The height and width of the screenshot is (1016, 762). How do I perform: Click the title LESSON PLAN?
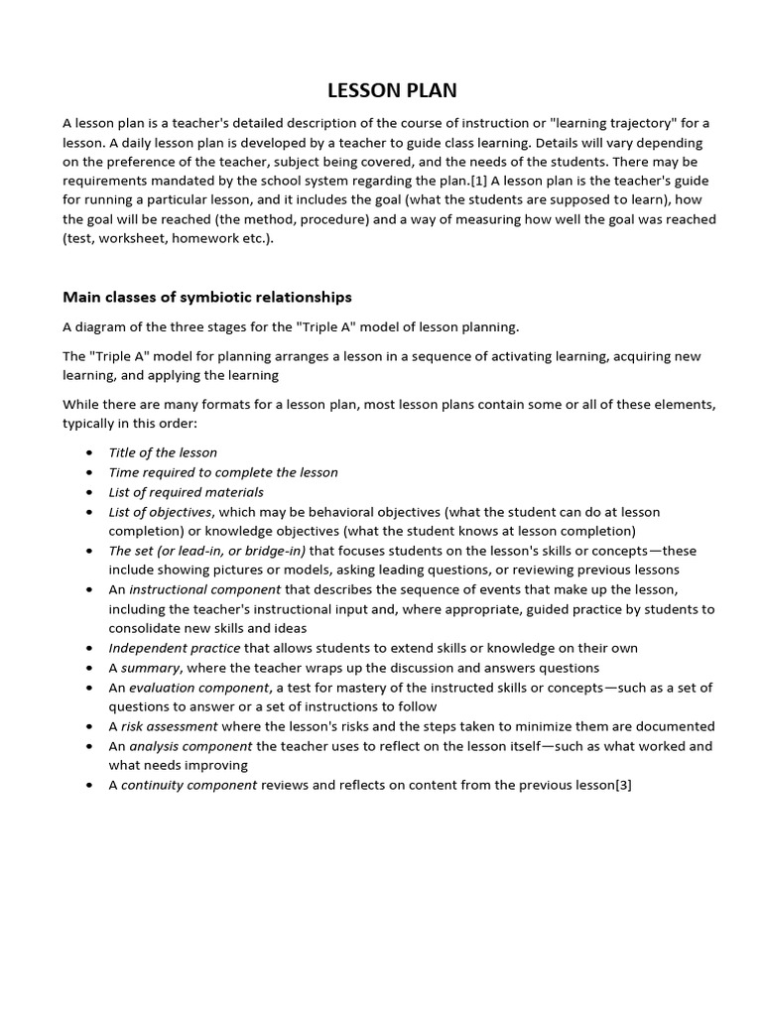(392, 90)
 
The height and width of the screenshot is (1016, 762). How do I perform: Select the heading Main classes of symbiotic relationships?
(206, 297)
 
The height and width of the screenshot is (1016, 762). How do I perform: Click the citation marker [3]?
(623, 785)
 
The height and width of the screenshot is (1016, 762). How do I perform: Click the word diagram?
(105, 326)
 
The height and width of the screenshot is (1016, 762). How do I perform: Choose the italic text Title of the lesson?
(163, 452)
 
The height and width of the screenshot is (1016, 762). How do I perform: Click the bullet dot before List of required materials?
(89, 493)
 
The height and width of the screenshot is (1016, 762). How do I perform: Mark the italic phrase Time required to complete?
(193, 472)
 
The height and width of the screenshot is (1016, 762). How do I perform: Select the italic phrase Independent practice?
(175, 648)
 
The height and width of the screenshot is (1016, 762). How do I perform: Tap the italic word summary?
(150, 668)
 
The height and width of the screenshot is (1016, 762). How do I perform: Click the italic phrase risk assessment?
(164, 726)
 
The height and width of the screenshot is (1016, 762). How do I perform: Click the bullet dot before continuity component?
(89, 786)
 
